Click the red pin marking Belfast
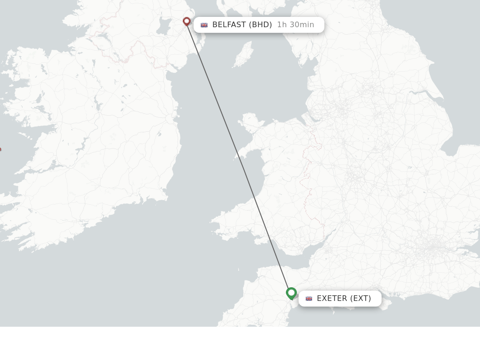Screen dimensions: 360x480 tap(187, 22)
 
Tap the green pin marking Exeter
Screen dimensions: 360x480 tap(291, 293)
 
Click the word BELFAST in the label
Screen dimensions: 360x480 tap(229, 25)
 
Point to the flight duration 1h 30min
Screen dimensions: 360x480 tap(295, 25)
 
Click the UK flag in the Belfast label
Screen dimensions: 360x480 tap(204, 25)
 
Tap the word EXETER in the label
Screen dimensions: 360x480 tap(332, 299)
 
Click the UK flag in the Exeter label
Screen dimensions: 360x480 tap(309, 299)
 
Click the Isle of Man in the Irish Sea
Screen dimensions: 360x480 tap(244, 54)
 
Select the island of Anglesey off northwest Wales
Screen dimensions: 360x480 tap(250, 123)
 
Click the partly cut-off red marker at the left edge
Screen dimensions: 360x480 tap(0, 150)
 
